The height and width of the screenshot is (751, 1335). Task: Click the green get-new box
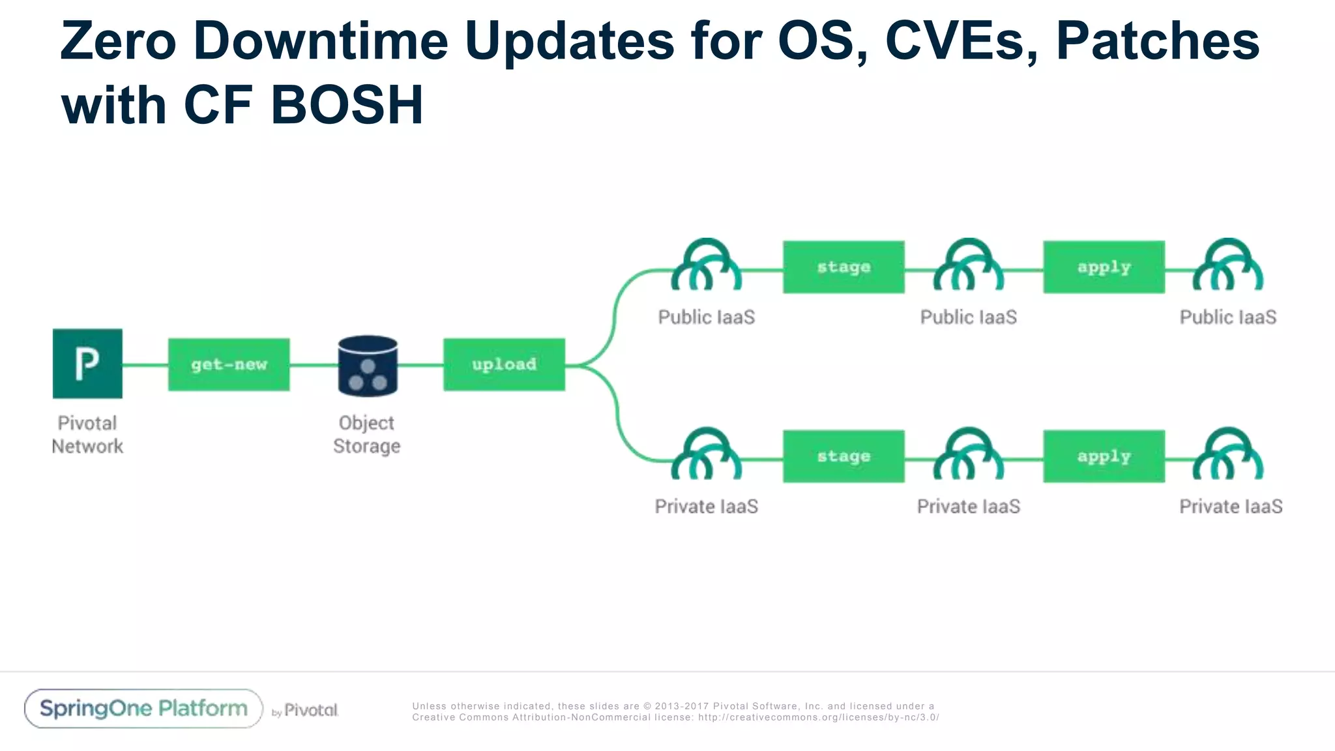point(229,364)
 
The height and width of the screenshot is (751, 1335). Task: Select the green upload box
point(504,364)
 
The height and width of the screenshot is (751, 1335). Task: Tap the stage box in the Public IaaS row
point(844,267)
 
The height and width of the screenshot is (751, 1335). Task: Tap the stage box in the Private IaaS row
point(844,456)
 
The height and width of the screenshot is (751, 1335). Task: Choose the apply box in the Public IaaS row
point(1104,267)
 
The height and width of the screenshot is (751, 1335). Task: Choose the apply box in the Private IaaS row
point(1104,456)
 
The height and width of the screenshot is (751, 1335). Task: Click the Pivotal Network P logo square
point(87,364)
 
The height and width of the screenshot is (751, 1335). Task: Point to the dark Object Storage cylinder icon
point(368,366)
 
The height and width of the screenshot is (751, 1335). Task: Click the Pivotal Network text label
point(87,434)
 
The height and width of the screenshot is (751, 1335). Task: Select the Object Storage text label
point(366,434)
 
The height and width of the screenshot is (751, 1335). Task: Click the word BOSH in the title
point(347,105)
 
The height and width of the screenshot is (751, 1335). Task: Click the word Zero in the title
point(118,40)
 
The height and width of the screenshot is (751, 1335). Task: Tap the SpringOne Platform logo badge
point(143,709)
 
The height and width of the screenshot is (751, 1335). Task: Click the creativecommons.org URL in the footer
point(818,717)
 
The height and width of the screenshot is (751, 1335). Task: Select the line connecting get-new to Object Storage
point(314,365)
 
